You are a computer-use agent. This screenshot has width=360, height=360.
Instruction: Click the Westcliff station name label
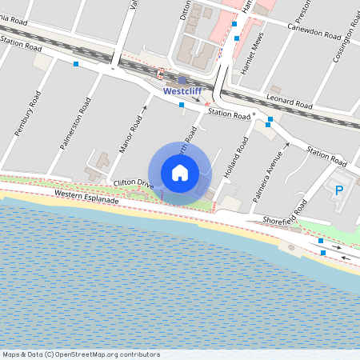click(x=182, y=91)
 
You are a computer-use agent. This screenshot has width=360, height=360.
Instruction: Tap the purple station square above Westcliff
click(x=182, y=80)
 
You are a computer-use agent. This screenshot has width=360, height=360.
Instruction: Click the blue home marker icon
click(x=179, y=173)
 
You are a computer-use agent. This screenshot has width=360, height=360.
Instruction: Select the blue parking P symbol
click(x=338, y=190)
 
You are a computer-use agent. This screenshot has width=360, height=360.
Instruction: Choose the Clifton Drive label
click(x=134, y=183)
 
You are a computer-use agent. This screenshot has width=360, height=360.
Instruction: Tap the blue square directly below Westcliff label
click(x=182, y=104)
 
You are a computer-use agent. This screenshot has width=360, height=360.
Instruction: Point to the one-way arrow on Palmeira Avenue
click(x=285, y=147)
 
